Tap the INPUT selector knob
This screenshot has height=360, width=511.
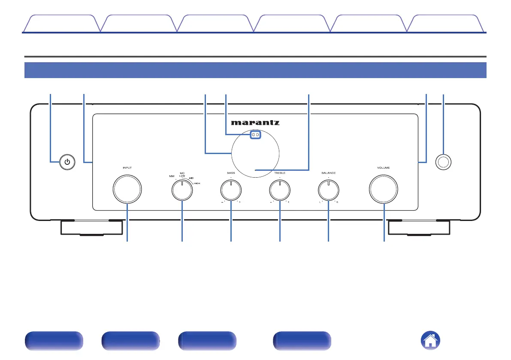pos(127,189)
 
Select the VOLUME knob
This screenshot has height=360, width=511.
pos(383,189)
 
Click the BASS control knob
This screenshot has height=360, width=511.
pos(231,189)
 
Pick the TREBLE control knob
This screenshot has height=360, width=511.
pos(279,189)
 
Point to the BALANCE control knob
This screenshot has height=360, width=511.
pos(328,189)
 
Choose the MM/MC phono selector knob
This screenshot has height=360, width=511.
pos(182,190)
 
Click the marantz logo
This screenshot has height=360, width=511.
pos(255,123)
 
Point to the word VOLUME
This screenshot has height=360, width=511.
pos(383,168)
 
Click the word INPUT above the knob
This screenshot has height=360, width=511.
pos(127,168)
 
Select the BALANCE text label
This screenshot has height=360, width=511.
pos(328,172)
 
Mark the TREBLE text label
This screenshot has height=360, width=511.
pos(279,172)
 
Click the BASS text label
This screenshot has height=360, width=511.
pos(231,172)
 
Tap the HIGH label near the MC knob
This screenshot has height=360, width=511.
pos(197,183)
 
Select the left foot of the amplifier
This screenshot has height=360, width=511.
pos(91,228)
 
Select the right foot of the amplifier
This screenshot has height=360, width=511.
pos(419,228)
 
